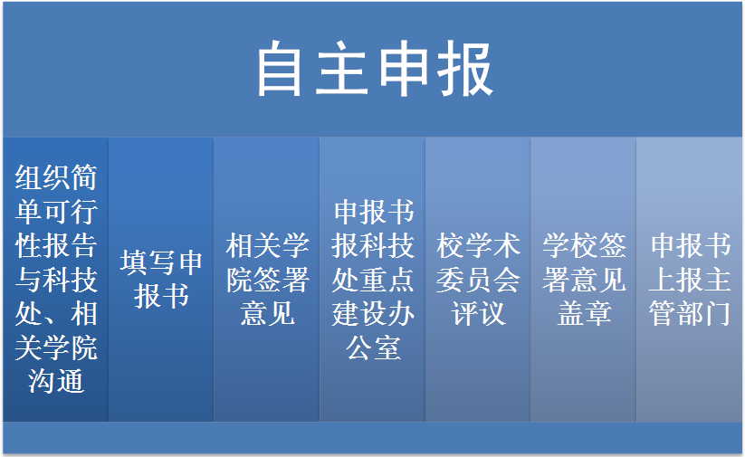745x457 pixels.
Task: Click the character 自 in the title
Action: pyautogui.click(x=280, y=69)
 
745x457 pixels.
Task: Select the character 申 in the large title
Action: pyautogui.click(x=403, y=69)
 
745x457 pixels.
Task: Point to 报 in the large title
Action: pyautogui.click(x=464, y=69)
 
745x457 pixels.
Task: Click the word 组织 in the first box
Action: pyautogui.click(x=43, y=177)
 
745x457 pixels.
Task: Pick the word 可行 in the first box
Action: pyautogui.click(x=70, y=212)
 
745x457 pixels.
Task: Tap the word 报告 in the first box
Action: pyautogui.click(x=70, y=245)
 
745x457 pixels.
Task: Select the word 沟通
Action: pyautogui.click(x=56, y=381)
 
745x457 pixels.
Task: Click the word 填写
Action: pyautogui.click(x=148, y=262)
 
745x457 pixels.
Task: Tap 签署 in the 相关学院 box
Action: pyautogui.click(x=282, y=280)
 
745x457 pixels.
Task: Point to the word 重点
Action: pyautogui.click(x=387, y=280)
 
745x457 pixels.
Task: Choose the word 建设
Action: pyautogui.click(x=359, y=313)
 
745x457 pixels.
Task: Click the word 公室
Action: pyautogui.click(x=373, y=348)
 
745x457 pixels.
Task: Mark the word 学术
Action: pyautogui.click(x=492, y=245)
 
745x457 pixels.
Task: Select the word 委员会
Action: pyautogui.click(x=478, y=280)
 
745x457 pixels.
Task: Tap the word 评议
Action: pyautogui.click(x=478, y=313)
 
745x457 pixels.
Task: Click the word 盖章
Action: pyautogui.click(x=584, y=313)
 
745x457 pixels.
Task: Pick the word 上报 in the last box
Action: pyautogui.click(x=675, y=280)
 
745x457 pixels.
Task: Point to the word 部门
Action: pyautogui.click(x=703, y=313)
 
